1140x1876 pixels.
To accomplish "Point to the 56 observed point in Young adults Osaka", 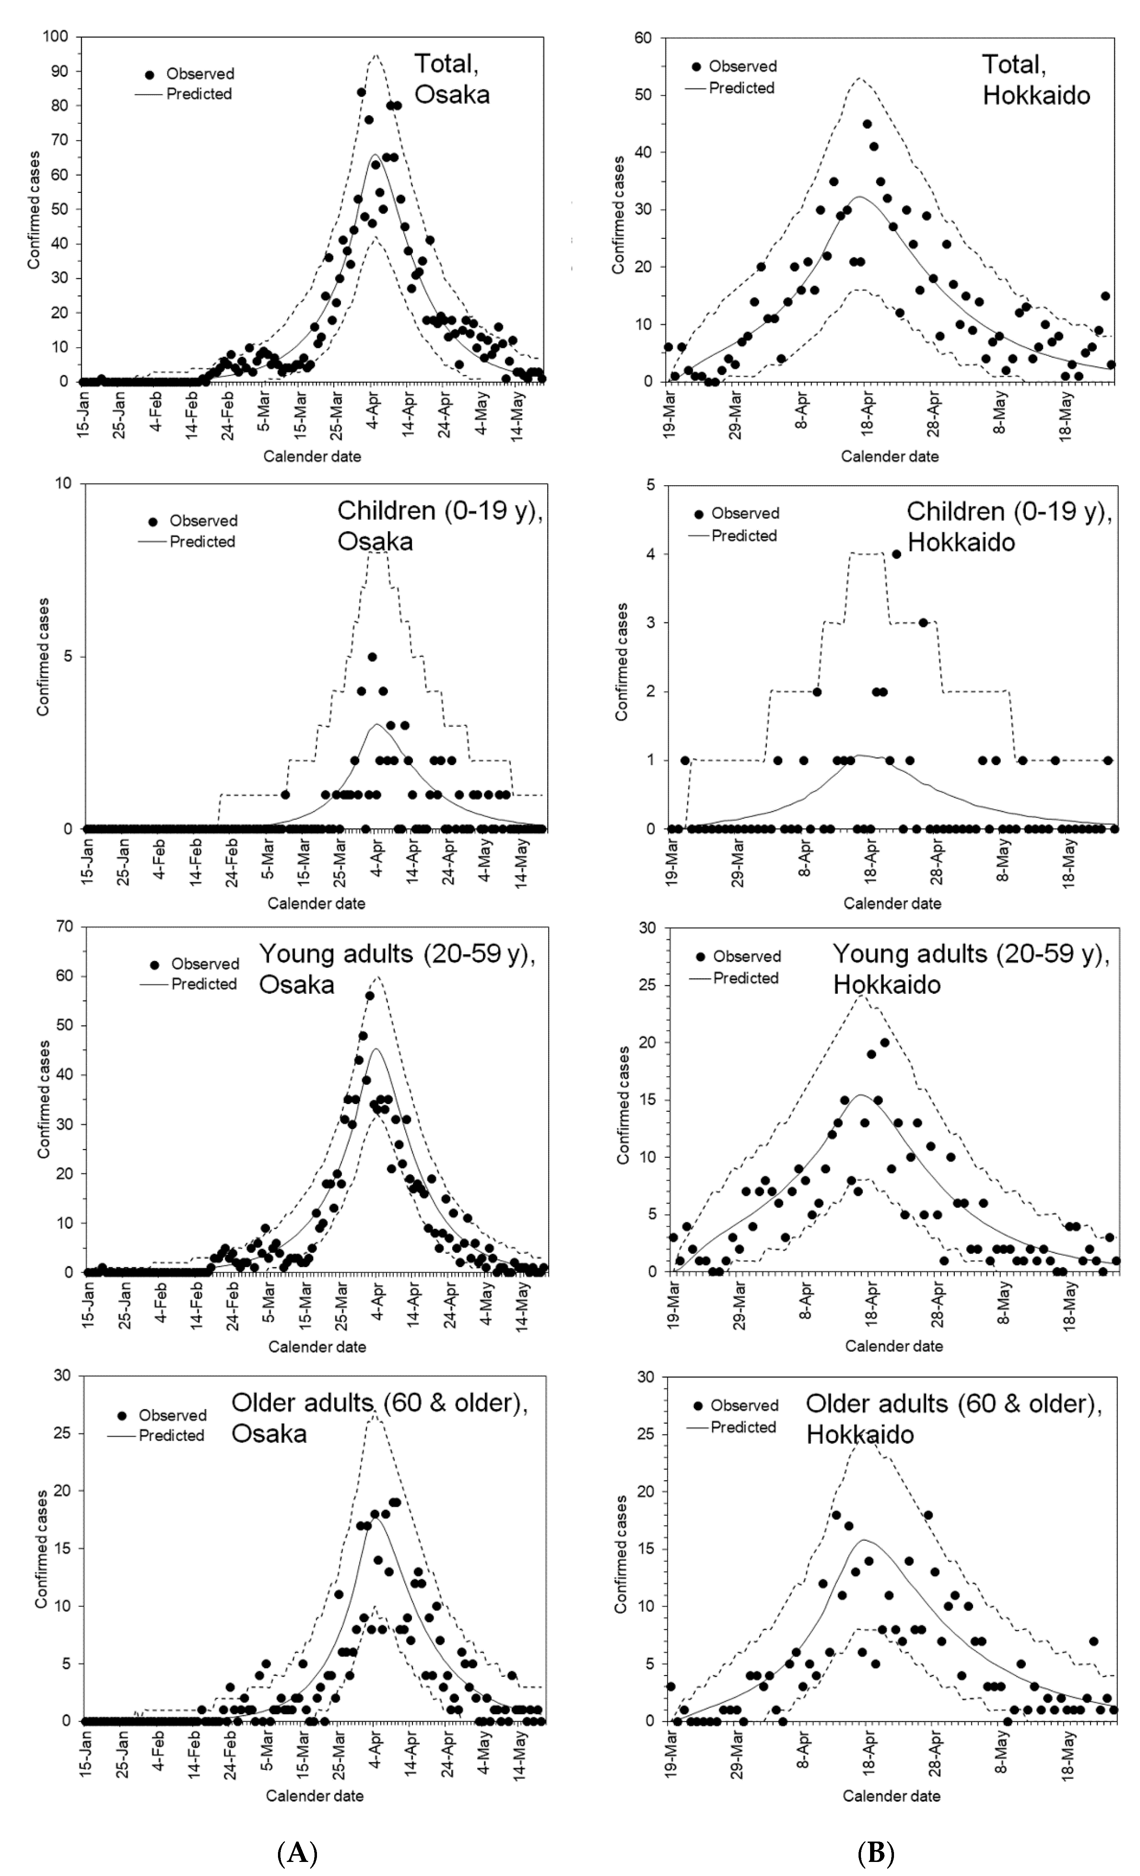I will [369, 995].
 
